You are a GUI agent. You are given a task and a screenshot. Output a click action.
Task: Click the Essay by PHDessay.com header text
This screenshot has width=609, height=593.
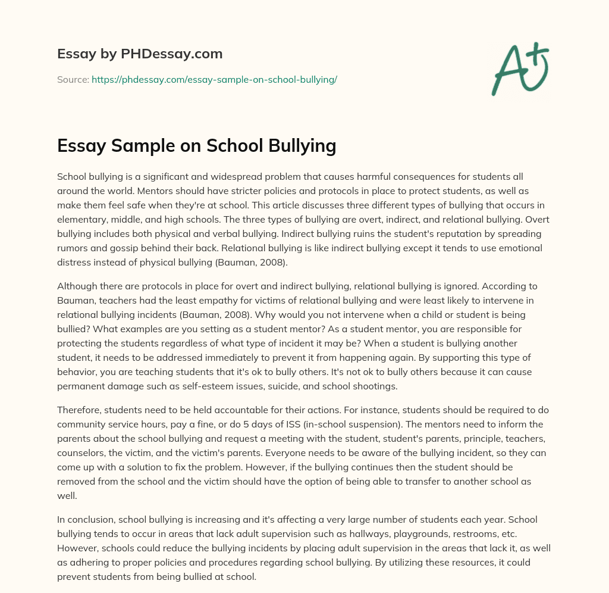(x=140, y=54)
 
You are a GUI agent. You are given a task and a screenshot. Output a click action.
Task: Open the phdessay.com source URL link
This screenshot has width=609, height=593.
(x=214, y=79)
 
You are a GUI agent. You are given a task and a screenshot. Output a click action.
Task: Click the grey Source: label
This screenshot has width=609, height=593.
(x=73, y=79)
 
